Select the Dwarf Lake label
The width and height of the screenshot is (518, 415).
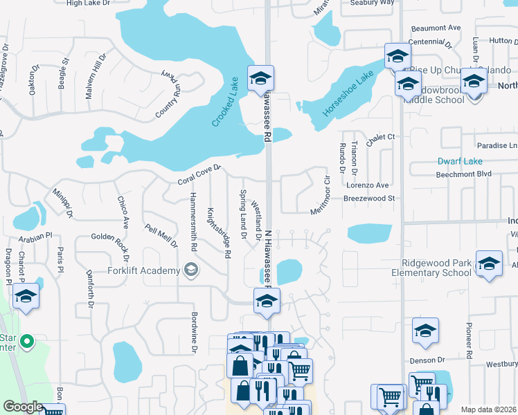click(461, 161)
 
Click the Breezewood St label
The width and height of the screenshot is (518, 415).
click(370, 199)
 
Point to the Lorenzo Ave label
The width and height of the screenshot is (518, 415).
click(368, 185)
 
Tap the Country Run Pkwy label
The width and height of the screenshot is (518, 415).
click(168, 93)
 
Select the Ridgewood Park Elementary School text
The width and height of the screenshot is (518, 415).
click(437, 268)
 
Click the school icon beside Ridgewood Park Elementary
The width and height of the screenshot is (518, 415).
click(490, 264)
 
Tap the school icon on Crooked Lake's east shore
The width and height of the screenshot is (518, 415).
click(261, 77)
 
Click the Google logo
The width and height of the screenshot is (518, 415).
click(22, 407)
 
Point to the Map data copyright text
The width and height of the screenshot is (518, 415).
click(488, 409)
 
